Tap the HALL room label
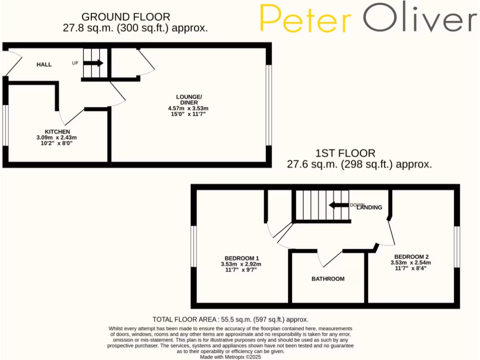44,64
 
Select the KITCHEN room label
57,132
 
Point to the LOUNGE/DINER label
187,100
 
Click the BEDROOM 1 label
241,258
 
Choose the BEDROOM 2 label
411,257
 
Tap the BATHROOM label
328,279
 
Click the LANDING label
369,207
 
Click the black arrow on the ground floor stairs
93,63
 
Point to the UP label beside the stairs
75,63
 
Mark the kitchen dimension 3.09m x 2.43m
56,138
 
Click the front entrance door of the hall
13,64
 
